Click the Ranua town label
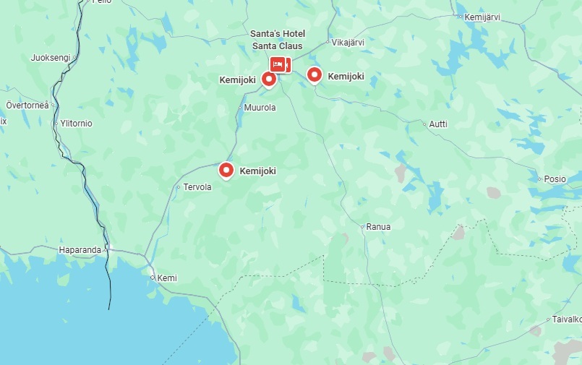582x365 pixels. click(378, 227)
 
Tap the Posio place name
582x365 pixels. click(555, 179)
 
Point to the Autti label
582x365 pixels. click(438, 124)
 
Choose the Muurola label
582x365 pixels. click(260, 108)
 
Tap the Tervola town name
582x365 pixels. click(197, 187)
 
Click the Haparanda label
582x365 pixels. click(80, 250)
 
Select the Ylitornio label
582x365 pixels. click(77, 124)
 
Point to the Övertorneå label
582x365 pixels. click(27, 105)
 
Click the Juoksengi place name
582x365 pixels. click(51, 58)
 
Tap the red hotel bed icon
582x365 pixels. click(277, 64)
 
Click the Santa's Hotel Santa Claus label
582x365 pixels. click(278, 40)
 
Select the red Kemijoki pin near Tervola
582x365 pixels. click(226, 171)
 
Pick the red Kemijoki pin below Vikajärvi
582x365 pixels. click(314, 74)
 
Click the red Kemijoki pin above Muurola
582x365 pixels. click(269, 79)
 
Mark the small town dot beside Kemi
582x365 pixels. click(153, 278)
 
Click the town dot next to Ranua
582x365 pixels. click(363, 226)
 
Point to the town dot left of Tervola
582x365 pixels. click(178, 187)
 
